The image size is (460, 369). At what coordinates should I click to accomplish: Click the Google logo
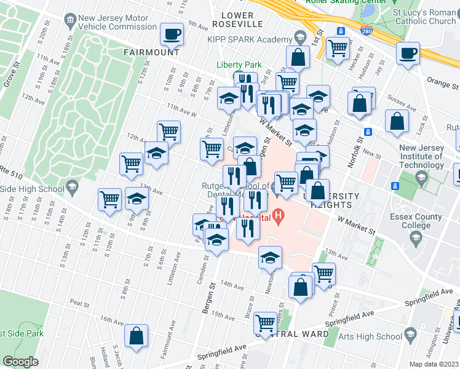pos(20,362)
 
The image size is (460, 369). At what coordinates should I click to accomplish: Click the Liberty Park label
pos(239,65)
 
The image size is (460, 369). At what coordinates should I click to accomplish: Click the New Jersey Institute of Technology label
pos(421,156)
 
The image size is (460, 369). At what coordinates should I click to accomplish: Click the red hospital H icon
pos(279,216)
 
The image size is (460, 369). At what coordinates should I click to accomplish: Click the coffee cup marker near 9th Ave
pos(172,34)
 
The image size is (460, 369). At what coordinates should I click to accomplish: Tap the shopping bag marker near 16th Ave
pos(137,335)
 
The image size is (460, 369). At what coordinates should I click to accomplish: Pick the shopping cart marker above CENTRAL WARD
pos(265,322)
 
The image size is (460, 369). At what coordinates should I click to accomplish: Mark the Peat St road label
pos(81,303)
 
